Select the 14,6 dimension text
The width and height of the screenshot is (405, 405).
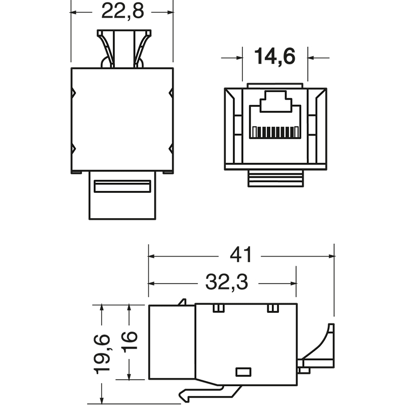point(274,57)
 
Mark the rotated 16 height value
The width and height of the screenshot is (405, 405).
point(130,343)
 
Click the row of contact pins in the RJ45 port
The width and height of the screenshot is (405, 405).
point(274,132)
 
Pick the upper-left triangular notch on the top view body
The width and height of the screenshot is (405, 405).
point(73,93)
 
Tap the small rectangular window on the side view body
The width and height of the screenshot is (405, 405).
point(244,372)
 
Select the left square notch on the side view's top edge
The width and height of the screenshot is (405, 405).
point(218,308)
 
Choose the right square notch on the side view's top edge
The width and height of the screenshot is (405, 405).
point(272,308)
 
